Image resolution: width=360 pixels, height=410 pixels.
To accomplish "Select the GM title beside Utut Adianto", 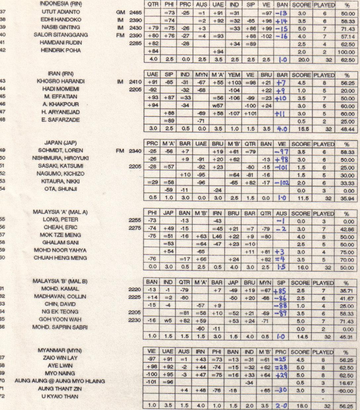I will pos(121,12).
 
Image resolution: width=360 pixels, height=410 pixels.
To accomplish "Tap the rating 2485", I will pos(136,12).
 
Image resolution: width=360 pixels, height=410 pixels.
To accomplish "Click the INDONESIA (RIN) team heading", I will pos(61,4).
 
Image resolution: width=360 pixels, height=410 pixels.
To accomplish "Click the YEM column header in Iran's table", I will pos(234,75).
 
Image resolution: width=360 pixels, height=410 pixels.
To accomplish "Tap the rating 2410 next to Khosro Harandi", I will pos(136,82).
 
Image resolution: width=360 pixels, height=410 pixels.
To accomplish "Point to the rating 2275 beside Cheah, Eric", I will pos(135,227).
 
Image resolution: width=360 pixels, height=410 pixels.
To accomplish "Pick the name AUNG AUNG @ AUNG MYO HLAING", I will pos(60,381).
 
